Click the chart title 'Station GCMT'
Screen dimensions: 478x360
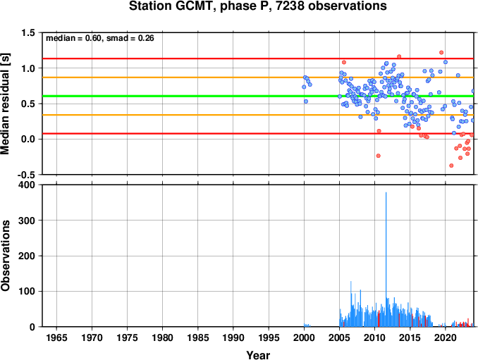click(x=170, y=6)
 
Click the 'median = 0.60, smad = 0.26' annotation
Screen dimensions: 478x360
click(x=100, y=38)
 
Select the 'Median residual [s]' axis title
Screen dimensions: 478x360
click(x=5, y=104)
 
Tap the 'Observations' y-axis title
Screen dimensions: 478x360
click(x=5, y=256)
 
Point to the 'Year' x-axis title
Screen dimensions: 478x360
click(x=258, y=355)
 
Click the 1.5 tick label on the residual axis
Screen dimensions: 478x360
click(x=27, y=32)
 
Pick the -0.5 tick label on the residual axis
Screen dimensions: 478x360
click(x=26, y=175)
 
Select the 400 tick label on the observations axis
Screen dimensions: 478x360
click(x=27, y=185)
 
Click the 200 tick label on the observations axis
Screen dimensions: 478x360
click(x=27, y=256)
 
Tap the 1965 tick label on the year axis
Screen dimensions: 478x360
click(x=56, y=337)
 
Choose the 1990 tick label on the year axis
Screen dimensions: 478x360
click(x=233, y=337)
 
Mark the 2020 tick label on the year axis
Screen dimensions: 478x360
click(x=446, y=337)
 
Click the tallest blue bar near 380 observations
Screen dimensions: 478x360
click(x=386, y=259)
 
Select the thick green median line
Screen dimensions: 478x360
click(x=258, y=97)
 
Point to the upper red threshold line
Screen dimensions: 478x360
click(x=258, y=58)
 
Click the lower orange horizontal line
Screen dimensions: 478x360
click(x=258, y=115)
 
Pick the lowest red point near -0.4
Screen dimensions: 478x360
click(x=451, y=166)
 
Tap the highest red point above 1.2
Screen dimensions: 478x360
click(x=441, y=52)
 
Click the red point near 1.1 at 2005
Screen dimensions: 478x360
click(x=344, y=62)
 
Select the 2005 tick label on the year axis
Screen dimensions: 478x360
click(x=339, y=337)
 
